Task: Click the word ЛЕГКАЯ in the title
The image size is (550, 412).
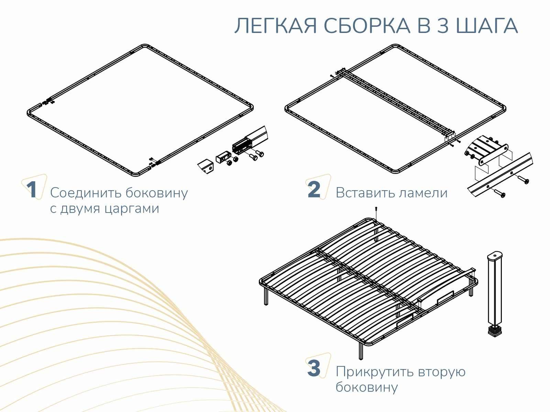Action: [276, 26]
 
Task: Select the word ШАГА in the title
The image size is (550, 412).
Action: [487, 26]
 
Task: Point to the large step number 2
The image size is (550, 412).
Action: [314, 190]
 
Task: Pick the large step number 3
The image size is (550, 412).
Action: [314, 368]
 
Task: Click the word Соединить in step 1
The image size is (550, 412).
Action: [86, 193]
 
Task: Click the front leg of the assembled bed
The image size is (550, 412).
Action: [361, 351]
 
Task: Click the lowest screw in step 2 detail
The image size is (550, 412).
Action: [499, 193]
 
